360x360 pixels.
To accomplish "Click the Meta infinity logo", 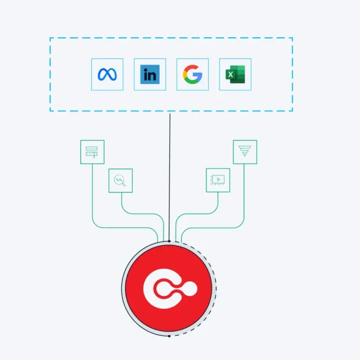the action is point(107,74).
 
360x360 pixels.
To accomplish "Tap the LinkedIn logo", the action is point(150,74).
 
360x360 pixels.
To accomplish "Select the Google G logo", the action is point(192,74).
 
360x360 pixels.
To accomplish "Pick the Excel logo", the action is point(235,74).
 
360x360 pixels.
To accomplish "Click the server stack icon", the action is point(92,152).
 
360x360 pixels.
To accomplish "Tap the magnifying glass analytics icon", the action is point(120,181).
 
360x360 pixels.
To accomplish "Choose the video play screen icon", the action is point(218,179).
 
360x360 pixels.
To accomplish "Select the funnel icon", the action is point(245,151).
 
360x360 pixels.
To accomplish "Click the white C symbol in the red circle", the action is point(161,289).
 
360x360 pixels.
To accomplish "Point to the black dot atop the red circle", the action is point(169,241).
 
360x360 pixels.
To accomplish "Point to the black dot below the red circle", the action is point(169,336).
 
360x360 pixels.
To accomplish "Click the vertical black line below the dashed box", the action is point(170,177).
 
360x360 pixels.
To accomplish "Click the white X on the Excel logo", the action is point(231,75).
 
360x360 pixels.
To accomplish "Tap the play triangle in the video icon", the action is point(218,179).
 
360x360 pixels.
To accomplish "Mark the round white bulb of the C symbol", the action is point(189,289).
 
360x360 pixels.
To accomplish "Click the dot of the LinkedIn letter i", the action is point(145,69).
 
